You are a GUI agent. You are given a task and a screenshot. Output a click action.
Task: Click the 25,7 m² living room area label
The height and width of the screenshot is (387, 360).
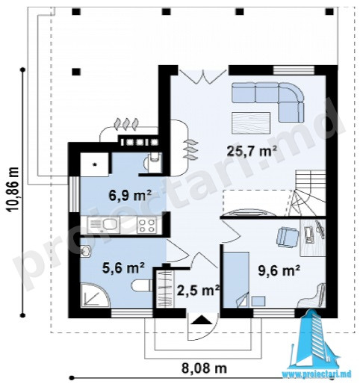[x=252, y=151]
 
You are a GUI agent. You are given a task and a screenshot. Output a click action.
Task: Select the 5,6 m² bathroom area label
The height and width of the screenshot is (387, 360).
[x=123, y=267]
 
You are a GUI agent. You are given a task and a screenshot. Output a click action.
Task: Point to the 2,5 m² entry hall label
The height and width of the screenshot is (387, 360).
[x=198, y=290]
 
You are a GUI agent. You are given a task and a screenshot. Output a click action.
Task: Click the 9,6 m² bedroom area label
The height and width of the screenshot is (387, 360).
[x=279, y=270]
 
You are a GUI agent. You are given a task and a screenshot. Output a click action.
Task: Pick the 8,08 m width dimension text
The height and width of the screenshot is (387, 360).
[x=204, y=368]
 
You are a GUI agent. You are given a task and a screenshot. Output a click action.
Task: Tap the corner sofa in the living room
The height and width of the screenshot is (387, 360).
[x=268, y=102]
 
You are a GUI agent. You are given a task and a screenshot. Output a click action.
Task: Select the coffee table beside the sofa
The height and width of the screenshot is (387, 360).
[x=251, y=123]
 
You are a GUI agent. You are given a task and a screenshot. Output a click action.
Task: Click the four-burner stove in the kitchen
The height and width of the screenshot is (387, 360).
[x=147, y=226]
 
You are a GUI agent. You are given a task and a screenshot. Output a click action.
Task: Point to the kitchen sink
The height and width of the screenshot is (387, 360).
[x=104, y=225]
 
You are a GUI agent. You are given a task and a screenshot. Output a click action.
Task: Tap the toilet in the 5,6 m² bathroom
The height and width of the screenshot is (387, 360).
[x=142, y=285]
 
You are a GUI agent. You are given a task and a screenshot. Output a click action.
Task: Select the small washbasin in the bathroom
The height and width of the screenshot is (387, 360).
[x=85, y=251]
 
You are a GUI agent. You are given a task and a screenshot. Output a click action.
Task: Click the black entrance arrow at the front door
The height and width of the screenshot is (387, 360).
[x=202, y=320]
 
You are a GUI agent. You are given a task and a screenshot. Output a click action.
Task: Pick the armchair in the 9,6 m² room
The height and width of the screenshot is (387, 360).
[x=288, y=238]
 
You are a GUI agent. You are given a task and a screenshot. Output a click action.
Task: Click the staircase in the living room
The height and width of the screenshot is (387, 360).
[x=308, y=193]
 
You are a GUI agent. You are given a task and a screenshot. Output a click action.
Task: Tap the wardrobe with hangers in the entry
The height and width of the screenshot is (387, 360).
[x=164, y=289]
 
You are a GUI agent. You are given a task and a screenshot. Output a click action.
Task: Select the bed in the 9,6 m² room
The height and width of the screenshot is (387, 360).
[x=236, y=279]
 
